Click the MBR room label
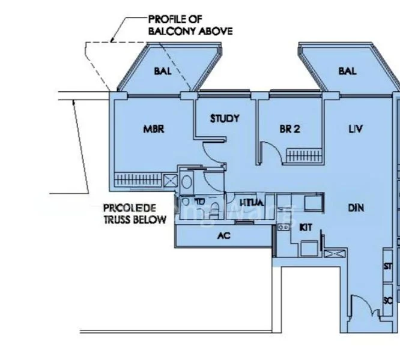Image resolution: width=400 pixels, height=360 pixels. coord(154,128)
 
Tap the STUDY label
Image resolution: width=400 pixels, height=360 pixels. coord(225,118)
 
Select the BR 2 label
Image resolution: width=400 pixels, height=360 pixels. coord(289,128)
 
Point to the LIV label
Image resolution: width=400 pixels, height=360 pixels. coord(356,128)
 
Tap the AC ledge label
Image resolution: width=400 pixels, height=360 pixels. coord(223,236)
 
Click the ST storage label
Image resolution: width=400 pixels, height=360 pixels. coord(387,266)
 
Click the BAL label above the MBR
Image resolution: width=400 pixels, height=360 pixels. coord(162,71)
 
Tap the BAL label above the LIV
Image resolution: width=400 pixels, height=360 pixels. coord(347,71)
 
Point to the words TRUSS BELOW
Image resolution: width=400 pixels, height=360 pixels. coord(134,220)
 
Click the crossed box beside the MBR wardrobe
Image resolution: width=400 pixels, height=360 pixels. coord(171,179)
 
